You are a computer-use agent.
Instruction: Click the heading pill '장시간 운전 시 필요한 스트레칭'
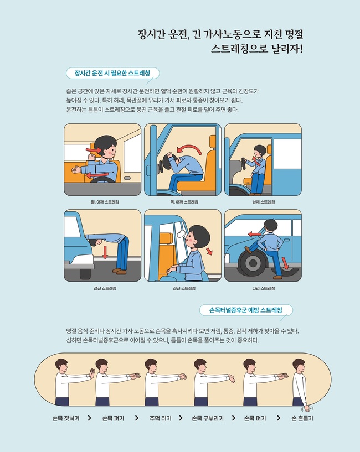(112, 73)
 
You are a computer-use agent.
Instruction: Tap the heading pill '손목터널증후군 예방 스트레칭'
(246, 310)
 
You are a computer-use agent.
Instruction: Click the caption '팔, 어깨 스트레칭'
(105, 202)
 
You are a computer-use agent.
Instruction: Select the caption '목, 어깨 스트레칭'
(184, 202)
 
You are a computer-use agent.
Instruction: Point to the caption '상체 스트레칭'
(264, 202)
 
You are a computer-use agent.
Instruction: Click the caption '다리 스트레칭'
(264, 288)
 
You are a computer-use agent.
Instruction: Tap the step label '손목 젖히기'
(66, 418)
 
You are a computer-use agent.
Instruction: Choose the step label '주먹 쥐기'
(161, 418)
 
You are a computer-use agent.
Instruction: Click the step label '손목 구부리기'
(208, 418)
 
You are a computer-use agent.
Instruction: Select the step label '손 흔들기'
(302, 418)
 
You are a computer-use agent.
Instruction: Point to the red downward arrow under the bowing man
(105, 252)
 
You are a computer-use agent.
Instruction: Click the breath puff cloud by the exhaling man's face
(181, 233)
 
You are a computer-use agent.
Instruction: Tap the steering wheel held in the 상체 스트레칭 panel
(244, 164)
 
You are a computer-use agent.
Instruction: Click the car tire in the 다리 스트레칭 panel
(253, 263)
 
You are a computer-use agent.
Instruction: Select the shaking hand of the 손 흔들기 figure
(307, 408)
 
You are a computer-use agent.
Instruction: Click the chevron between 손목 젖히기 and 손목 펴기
(90, 418)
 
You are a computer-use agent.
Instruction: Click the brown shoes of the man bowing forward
(119, 271)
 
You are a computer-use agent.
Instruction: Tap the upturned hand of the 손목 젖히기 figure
(91, 373)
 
